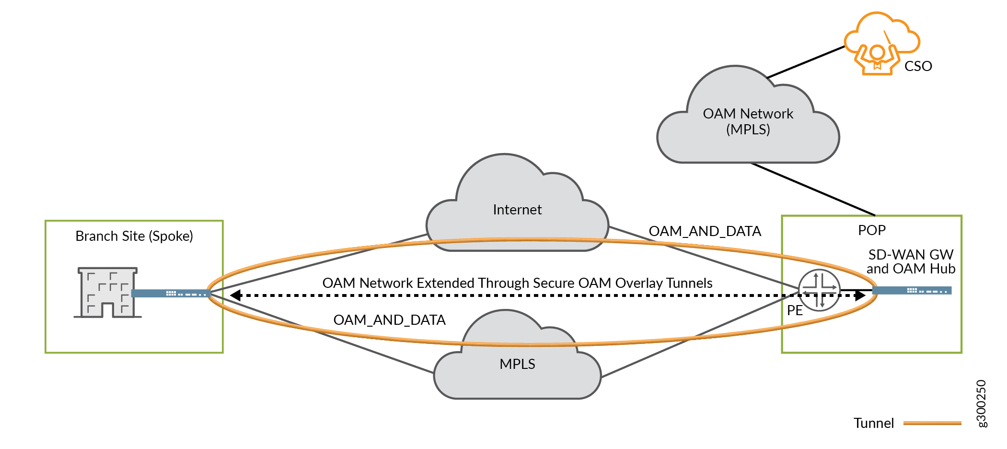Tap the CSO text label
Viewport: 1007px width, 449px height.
(x=918, y=66)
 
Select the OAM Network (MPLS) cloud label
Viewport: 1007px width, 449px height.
(x=748, y=121)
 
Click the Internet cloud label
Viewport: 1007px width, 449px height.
(x=517, y=210)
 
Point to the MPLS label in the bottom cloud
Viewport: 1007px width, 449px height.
(x=517, y=364)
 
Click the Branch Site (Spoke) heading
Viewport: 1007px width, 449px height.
(x=134, y=236)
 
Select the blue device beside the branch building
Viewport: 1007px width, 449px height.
(x=170, y=293)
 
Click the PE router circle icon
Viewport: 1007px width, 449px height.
(x=819, y=290)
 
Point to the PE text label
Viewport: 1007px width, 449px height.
(x=795, y=310)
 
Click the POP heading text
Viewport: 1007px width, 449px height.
(x=871, y=230)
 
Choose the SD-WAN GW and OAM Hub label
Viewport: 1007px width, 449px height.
(x=911, y=261)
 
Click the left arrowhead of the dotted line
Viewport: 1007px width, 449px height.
(x=235, y=295)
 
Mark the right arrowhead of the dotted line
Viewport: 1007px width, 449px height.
(x=860, y=295)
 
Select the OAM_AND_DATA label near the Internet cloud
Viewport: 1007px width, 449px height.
(x=705, y=231)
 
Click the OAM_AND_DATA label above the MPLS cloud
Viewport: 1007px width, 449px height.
(x=389, y=320)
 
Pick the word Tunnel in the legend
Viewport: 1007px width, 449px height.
(x=873, y=423)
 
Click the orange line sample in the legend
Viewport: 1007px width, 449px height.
(x=932, y=423)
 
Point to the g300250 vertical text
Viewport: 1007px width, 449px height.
(x=981, y=403)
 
